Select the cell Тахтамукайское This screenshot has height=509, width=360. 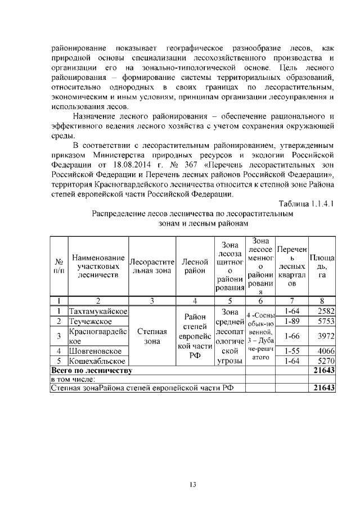[x=98, y=312]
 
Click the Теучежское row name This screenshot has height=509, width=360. [x=90, y=321]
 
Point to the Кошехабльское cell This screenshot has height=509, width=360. [x=97, y=361]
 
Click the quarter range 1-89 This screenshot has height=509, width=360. [x=291, y=321]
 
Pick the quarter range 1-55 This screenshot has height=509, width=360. [x=291, y=351]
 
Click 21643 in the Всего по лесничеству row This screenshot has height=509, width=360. [x=324, y=371]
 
